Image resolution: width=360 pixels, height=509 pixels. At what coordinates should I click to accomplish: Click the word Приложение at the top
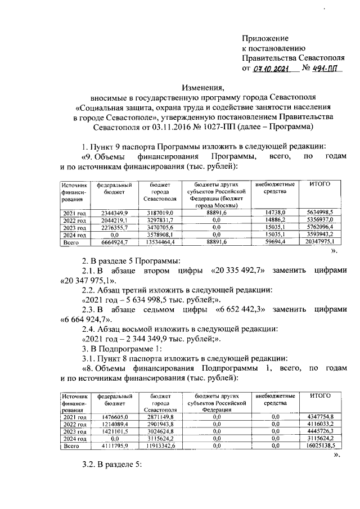(x=265, y=38)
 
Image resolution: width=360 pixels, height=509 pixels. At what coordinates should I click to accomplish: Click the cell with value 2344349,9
(x=114, y=213)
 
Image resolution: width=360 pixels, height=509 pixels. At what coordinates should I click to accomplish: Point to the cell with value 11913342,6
(x=159, y=446)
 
